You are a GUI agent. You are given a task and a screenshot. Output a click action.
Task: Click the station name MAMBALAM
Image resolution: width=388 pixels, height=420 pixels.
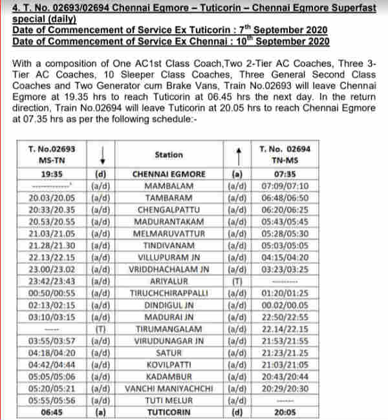169,185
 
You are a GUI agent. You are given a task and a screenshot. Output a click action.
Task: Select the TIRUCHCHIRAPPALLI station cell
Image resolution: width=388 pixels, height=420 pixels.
169,293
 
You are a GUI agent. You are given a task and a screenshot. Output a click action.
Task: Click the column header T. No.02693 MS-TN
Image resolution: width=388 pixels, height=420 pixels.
52,154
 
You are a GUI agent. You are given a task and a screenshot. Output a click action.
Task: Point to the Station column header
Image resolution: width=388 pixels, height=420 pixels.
169,155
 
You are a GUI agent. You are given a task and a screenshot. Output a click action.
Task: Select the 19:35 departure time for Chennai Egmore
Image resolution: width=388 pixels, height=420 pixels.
52,174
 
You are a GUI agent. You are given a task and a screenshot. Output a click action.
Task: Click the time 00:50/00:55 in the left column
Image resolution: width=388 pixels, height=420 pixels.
52,293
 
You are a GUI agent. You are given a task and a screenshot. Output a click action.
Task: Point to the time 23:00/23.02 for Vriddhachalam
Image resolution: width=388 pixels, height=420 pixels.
52,269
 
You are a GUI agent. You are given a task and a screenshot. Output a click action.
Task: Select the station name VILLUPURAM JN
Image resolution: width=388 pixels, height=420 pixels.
169,257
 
